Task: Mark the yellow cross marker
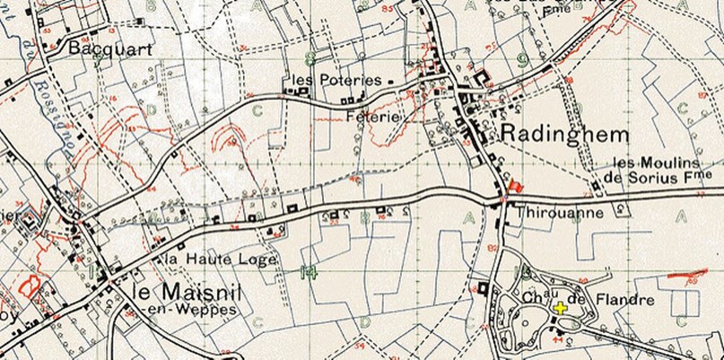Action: (x=562, y=309)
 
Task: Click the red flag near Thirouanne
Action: (x=515, y=186)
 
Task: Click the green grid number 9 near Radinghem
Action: (x=521, y=61)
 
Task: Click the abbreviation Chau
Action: (x=531, y=297)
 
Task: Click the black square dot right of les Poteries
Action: (x=390, y=80)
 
